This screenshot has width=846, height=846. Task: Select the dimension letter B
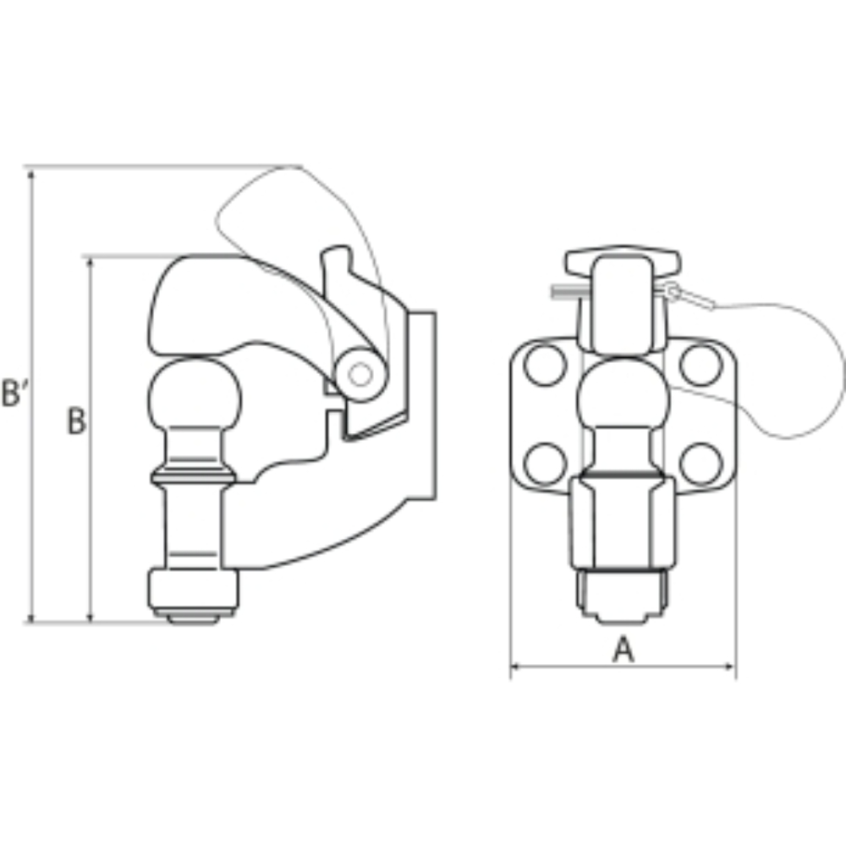[76, 420]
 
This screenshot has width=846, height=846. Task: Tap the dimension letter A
[624, 649]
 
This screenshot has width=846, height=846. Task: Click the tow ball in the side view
[195, 397]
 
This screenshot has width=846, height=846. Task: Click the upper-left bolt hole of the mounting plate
[545, 365]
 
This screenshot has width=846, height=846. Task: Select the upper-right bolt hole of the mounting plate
[700, 365]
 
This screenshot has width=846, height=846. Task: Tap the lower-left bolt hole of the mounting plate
[545, 464]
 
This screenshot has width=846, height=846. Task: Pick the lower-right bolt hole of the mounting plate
[700, 464]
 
